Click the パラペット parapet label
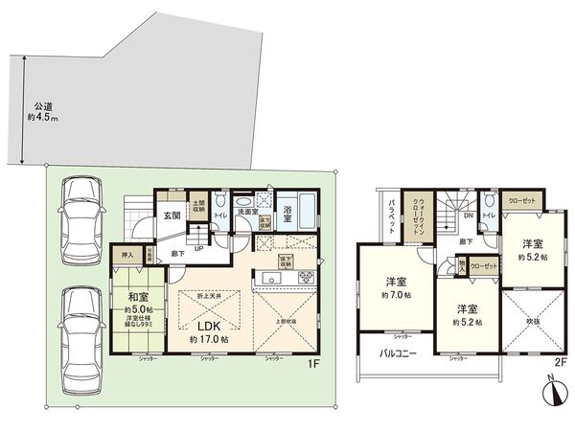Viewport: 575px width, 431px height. [x=393, y=220]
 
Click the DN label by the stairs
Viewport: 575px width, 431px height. [x=468, y=217]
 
